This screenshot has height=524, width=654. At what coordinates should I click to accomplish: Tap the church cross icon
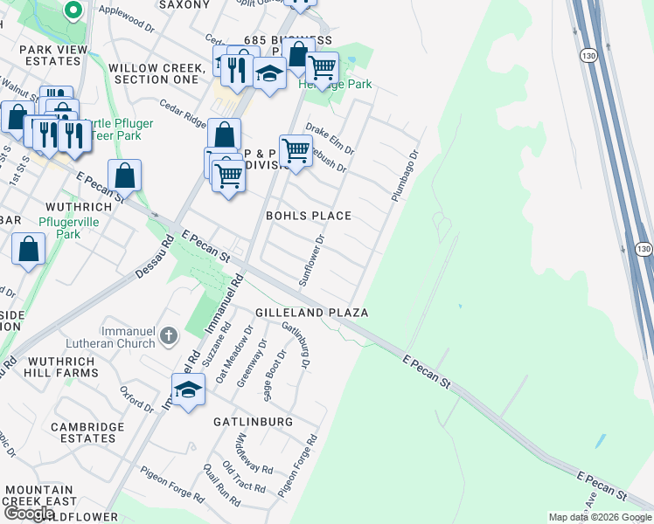[x=170, y=335]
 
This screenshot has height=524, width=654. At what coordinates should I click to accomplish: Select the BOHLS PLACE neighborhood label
[x=309, y=216]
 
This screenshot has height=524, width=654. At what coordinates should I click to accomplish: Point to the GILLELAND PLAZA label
[x=310, y=312]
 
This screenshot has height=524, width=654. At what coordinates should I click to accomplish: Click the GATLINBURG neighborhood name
[x=254, y=422]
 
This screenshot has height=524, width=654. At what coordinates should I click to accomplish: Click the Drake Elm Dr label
[x=329, y=138]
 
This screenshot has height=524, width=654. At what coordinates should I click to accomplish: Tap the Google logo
[x=29, y=514]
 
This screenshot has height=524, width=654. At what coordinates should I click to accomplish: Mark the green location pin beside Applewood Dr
[x=73, y=10]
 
